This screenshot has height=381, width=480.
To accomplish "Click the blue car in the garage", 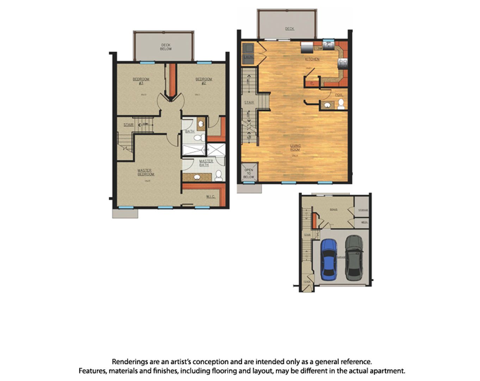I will [x=329, y=259].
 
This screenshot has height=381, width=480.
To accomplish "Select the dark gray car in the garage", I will [x=354, y=257].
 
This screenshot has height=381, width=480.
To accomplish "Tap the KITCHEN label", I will [x=312, y=59].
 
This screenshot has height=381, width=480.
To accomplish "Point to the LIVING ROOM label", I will [x=295, y=147].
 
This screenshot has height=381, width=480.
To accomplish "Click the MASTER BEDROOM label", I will [x=146, y=173].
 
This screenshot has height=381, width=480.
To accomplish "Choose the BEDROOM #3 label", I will [x=141, y=81].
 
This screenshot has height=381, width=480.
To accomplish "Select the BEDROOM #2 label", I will [x=204, y=81].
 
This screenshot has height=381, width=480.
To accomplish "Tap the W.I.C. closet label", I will [x=210, y=196].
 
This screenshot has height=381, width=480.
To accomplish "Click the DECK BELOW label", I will [x=166, y=47].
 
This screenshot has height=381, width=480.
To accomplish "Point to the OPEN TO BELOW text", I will [x=248, y=173].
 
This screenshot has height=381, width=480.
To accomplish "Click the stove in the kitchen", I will [x=343, y=64].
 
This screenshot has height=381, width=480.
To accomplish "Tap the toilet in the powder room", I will [x=341, y=104].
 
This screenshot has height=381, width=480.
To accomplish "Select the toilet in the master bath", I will [x=219, y=175].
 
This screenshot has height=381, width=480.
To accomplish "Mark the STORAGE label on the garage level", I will [x=363, y=210].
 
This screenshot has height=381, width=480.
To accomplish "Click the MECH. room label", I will [x=364, y=222].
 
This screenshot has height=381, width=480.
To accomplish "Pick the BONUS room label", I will [x=333, y=210].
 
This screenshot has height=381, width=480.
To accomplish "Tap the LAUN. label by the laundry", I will [x=248, y=57].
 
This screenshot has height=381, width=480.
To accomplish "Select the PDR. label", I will [x=339, y=95].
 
